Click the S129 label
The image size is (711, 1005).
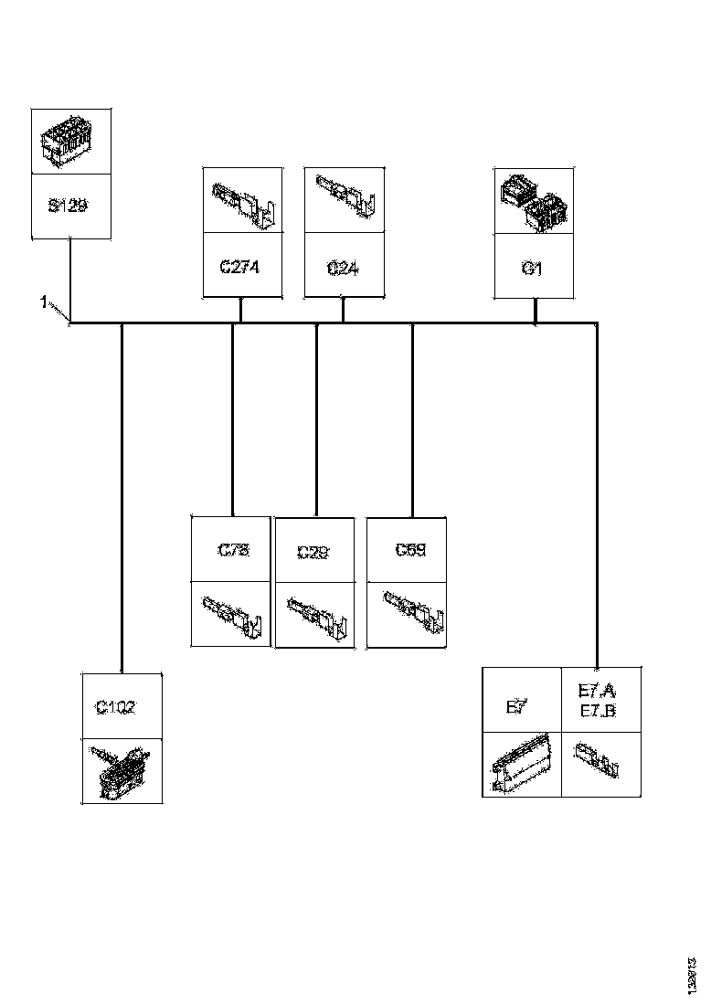pos(68,206)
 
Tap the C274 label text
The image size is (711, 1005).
pos(241,269)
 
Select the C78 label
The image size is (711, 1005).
pos(233,550)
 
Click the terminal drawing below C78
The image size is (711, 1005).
pos(232,614)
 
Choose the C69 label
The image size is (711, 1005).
pos(410,550)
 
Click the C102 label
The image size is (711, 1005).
pos(116,706)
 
